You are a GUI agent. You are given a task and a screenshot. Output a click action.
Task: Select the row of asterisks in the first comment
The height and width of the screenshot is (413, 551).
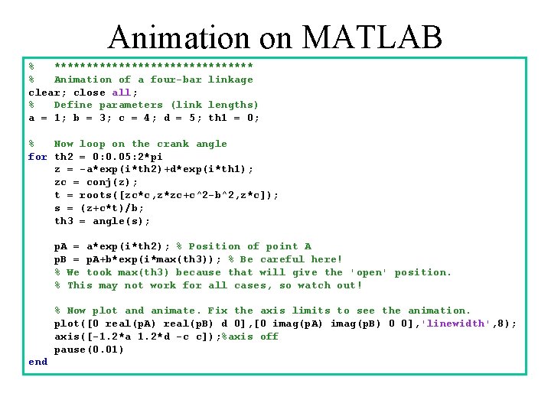point(153,67)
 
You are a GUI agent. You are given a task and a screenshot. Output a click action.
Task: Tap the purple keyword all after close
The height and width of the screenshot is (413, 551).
point(121,93)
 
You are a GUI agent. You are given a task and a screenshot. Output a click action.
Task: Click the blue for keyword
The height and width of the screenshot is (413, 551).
point(37,157)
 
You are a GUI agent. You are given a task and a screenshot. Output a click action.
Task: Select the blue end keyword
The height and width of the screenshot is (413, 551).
point(37,362)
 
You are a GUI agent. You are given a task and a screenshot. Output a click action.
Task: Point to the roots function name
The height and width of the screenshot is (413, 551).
point(98,195)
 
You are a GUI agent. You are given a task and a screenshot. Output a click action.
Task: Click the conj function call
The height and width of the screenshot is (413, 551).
point(92,182)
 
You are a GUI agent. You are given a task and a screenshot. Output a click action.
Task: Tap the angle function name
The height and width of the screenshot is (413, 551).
point(108,221)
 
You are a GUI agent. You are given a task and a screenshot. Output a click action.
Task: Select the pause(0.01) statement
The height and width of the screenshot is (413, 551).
point(89,350)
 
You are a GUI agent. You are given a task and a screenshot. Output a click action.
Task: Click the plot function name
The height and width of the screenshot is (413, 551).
point(67,324)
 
